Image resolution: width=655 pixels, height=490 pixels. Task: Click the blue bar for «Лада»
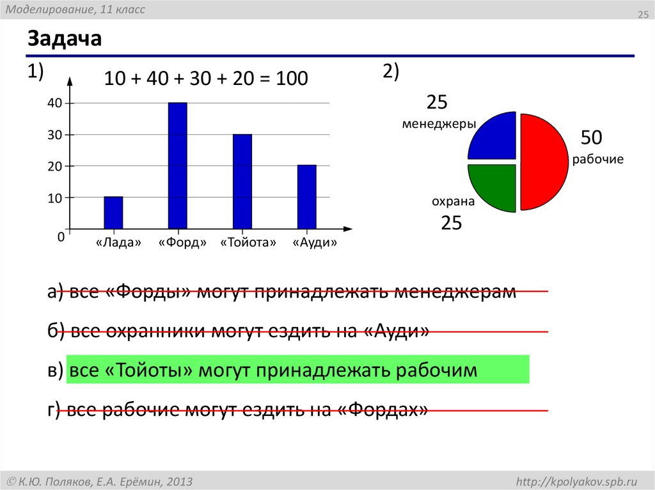coord(113,213)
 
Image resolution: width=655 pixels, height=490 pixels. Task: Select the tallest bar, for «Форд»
coord(177,165)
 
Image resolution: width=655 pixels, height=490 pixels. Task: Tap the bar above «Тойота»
coord(242,181)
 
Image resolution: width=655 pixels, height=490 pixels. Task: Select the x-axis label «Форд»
coord(183,243)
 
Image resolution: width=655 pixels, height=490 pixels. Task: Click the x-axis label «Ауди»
coord(314,243)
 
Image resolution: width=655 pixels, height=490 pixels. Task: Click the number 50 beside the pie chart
coord(592,138)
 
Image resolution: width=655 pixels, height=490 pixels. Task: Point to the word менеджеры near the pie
coord(439,124)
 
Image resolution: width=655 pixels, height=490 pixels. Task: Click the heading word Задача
coord(65,40)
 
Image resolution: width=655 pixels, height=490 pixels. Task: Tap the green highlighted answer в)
coord(297,370)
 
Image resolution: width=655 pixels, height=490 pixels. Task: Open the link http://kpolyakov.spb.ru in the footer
coord(576,480)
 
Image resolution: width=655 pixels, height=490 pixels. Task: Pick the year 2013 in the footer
coord(179,480)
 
